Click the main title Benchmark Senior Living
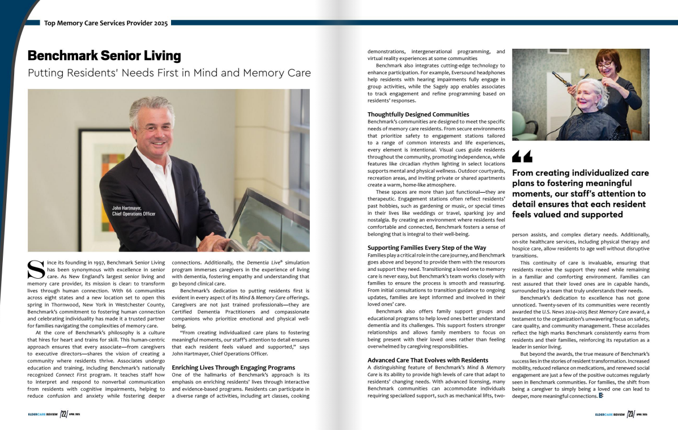(104, 56)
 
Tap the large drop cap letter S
(36, 270)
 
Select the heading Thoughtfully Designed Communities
(418, 114)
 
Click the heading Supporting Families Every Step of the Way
(427, 248)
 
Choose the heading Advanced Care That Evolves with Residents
(428, 360)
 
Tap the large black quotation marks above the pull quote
(522, 156)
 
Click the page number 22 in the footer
(64, 414)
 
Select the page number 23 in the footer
(630, 414)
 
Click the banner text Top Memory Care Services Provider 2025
(106, 23)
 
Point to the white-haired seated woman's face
(587, 92)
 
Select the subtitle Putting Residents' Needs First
(169, 73)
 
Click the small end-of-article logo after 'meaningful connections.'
(600, 395)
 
